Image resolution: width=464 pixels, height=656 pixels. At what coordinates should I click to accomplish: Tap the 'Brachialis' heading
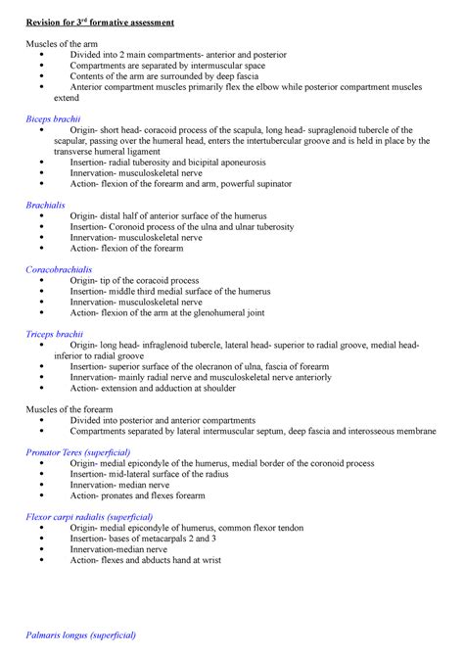[48, 206]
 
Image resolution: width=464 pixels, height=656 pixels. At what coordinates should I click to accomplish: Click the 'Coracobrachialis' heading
[60, 268]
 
